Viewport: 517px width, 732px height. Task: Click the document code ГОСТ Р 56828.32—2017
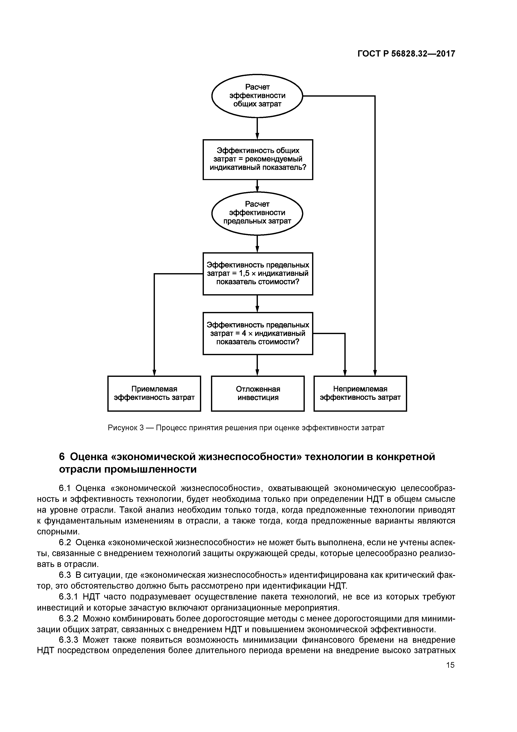tap(406, 54)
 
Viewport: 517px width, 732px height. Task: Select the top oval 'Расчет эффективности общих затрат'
tap(257, 96)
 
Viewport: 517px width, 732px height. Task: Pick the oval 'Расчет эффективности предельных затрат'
tap(257, 213)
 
